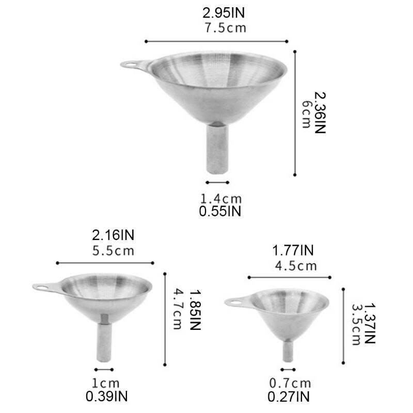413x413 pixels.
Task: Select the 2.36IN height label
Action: point(321,113)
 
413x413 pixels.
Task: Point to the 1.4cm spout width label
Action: point(220,198)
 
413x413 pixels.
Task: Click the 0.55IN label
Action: point(220,211)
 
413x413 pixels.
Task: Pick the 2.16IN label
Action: point(113,236)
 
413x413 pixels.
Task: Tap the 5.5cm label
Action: point(113,251)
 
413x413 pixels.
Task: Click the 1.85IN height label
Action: point(194,310)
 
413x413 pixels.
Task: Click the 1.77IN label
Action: point(293,251)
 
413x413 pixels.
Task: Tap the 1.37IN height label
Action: point(370,323)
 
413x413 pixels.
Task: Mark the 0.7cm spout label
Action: point(291,384)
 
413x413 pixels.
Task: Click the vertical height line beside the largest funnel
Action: point(295,113)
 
